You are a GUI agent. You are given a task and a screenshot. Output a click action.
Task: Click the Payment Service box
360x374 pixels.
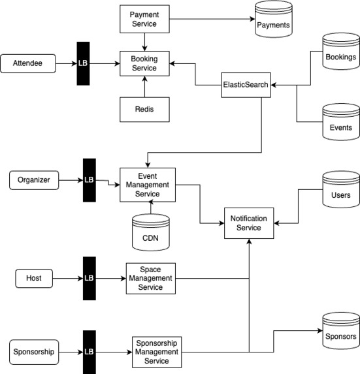[144, 19]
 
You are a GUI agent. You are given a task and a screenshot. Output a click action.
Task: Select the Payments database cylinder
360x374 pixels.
[274, 19]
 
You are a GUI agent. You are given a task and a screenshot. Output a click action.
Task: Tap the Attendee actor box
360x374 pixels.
[28, 63]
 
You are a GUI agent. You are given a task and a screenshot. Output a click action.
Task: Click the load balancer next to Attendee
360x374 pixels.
[83, 63]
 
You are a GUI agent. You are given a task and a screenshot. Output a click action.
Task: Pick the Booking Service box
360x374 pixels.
[144, 63]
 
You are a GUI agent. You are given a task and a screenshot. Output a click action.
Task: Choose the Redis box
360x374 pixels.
[144, 110]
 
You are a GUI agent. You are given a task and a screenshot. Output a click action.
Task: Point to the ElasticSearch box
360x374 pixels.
[246, 85]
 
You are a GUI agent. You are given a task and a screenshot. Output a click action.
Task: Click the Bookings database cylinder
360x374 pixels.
[341, 52]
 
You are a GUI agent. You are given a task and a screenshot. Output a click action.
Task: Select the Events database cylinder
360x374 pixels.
[341, 122]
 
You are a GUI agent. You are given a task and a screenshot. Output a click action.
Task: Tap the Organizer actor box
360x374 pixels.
[34, 180]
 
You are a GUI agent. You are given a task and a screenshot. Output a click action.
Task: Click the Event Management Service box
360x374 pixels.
[148, 185]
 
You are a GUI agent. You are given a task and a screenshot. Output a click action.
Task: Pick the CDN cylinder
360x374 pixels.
[151, 232]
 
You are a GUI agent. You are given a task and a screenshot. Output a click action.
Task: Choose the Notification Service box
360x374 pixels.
[249, 223]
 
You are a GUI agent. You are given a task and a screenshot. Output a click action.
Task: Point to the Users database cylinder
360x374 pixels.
[341, 189]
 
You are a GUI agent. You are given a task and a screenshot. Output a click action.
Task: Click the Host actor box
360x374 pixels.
[34, 278]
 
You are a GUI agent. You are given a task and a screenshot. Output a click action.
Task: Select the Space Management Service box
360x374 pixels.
[151, 278]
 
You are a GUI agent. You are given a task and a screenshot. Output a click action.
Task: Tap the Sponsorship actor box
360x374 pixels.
[34, 352]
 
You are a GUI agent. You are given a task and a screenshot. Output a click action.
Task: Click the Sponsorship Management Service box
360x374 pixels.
[157, 352]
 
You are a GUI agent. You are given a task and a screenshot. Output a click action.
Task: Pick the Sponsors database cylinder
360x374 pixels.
[341, 330]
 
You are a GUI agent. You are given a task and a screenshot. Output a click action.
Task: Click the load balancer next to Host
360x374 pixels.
[90, 278]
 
